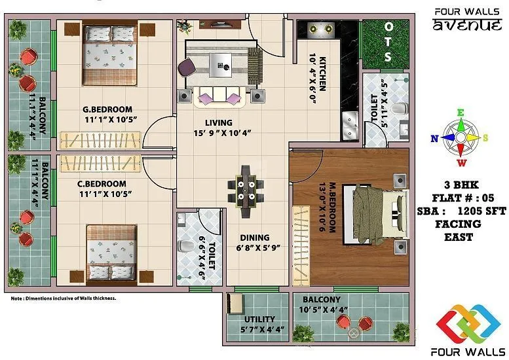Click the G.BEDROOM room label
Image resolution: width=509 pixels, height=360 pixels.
coord(107,109)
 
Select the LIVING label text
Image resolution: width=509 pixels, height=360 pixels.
coord(218,122)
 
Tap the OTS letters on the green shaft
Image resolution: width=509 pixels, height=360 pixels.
coord(388,42)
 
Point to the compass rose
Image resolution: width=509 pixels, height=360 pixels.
coord(461,137)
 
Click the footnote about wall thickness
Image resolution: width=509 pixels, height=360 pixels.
coord(64,298)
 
